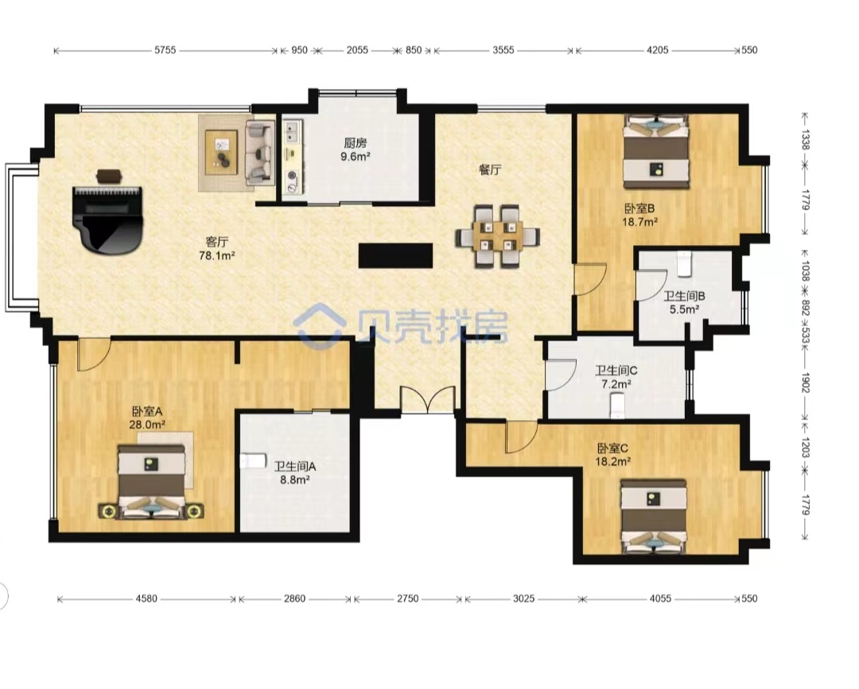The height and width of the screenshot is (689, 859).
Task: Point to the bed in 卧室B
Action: pyautogui.click(x=656, y=150)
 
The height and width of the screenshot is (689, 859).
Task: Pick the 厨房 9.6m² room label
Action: pyautogui.click(x=356, y=150)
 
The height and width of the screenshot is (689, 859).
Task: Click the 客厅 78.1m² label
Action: pyautogui.click(x=217, y=248)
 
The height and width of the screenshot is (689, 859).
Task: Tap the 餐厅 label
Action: pyautogui.click(x=490, y=169)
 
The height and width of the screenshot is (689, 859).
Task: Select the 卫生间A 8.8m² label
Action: pyautogui.click(x=295, y=473)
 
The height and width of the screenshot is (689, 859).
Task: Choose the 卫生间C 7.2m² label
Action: pyautogui.click(x=616, y=377)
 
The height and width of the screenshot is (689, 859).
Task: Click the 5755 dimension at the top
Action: pyautogui.click(x=165, y=50)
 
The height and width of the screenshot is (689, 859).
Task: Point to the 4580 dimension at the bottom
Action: pyautogui.click(x=146, y=598)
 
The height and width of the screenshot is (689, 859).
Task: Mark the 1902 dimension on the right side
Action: pyautogui.click(x=805, y=382)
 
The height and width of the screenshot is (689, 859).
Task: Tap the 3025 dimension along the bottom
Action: pyautogui.click(x=523, y=598)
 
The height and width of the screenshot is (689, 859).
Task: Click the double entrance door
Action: pyautogui.click(x=428, y=399)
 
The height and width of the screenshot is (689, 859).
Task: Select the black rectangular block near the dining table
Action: pyautogui.click(x=395, y=255)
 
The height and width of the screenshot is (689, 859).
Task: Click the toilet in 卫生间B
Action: pyautogui.click(x=685, y=263)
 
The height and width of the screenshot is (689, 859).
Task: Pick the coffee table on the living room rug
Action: pyautogui.click(x=221, y=152)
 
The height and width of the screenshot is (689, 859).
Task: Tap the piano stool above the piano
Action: pyautogui.click(x=110, y=176)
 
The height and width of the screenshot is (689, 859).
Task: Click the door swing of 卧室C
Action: pyautogui.click(x=520, y=437)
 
